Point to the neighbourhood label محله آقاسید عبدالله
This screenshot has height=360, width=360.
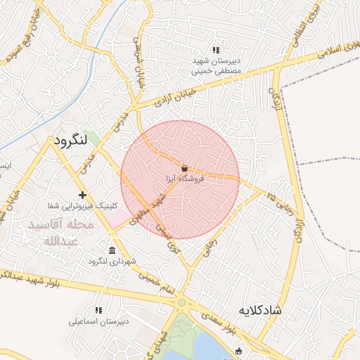click(59, 233)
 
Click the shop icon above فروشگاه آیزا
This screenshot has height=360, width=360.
click(184, 169)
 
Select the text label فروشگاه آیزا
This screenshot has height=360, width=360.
click(184, 180)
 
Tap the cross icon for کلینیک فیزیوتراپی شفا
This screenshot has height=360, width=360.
click(83, 195)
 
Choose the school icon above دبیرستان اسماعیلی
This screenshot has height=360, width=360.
click(98, 310)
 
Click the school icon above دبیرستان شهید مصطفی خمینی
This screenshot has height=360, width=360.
click(216, 50)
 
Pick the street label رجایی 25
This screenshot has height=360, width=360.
click(274, 197)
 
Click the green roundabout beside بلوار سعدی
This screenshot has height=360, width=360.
click(181, 303)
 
